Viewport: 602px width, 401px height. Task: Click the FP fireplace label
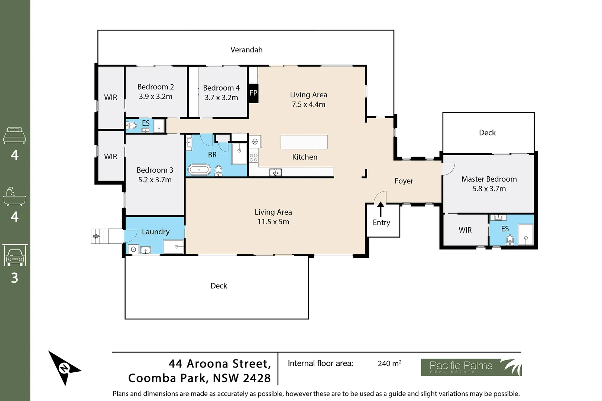pyautogui.click(x=253, y=93)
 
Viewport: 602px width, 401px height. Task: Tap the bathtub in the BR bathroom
pyautogui.click(x=199, y=170)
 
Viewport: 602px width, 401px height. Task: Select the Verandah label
pyautogui.click(x=246, y=50)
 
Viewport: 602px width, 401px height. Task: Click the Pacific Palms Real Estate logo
pyautogui.click(x=471, y=367)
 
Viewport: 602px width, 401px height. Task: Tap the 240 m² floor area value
pyautogui.click(x=389, y=363)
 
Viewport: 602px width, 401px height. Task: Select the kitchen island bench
pyautogui.click(x=304, y=142)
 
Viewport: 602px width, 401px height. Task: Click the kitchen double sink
pyautogui.click(x=275, y=172)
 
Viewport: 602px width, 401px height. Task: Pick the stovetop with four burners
pyautogui.click(x=254, y=157)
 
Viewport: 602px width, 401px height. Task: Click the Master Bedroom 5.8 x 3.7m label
pyautogui.click(x=489, y=184)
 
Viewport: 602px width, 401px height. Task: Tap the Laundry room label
pyautogui.click(x=155, y=232)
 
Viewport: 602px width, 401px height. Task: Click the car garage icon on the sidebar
pyautogui.click(x=14, y=256)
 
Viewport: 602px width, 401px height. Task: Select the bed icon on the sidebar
pyautogui.click(x=14, y=136)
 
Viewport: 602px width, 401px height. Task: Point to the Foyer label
pyautogui.click(x=404, y=181)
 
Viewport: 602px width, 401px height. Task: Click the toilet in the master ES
pyautogui.click(x=510, y=239)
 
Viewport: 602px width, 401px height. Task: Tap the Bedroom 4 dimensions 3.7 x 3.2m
pyautogui.click(x=221, y=98)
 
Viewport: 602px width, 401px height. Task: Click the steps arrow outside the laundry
pyautogui.click(x=96, y=236)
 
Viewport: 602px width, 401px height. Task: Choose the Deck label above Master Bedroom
pyautogui.click(x=487, y=133)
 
